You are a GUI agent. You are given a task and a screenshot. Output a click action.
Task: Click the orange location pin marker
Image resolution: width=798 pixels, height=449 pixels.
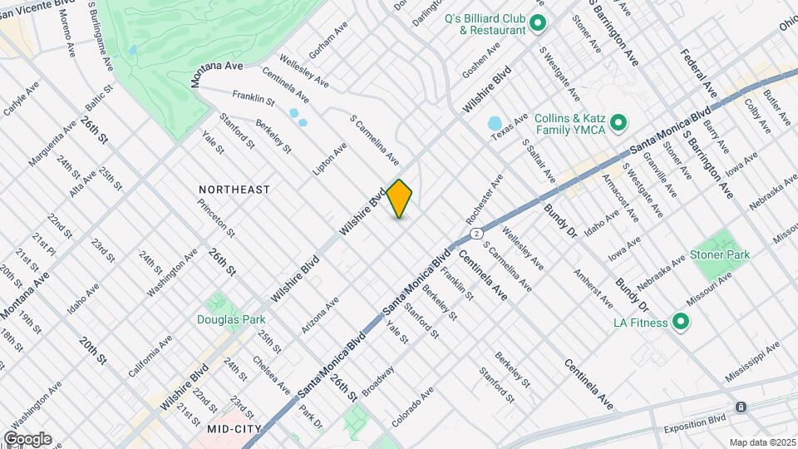point(399,199)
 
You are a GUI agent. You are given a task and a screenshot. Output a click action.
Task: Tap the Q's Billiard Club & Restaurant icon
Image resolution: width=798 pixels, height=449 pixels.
point(537,23)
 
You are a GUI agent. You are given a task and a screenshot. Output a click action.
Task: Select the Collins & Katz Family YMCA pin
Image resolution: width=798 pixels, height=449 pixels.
point(618,125)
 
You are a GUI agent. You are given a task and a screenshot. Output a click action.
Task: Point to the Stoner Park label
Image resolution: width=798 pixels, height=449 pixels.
point(720,254)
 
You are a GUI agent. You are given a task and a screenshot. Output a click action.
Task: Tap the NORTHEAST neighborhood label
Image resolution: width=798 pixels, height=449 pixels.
point(234,190)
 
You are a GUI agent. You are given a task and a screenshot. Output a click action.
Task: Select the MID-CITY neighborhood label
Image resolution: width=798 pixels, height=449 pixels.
point(235,429)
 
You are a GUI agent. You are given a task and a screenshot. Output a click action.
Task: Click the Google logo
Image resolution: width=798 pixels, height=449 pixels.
point(27,438)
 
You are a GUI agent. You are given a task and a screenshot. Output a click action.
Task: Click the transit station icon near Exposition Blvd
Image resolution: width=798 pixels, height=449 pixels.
point(741,407)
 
